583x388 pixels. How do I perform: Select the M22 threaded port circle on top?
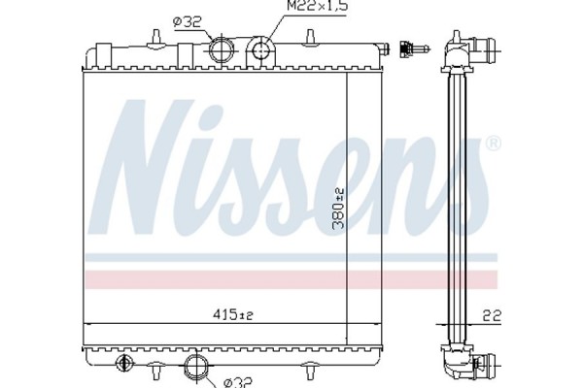click(261, 48)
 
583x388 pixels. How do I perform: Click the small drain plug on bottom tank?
click(123, 366)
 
